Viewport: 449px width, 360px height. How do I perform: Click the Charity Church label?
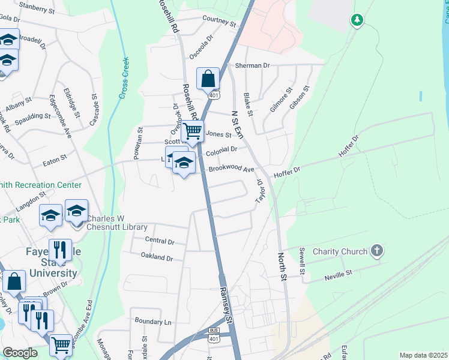click(339, 251)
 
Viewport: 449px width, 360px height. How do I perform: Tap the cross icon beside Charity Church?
click(376, 250)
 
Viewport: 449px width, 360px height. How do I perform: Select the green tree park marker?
click(357, 21)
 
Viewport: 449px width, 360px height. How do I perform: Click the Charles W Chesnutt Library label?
click(117, 223)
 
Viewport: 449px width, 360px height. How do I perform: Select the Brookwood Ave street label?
click(231, 169)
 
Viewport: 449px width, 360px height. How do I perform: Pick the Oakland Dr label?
click(157, 258)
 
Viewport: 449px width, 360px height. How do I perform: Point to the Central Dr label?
click(160, 241)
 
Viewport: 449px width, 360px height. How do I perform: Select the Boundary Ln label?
click(153, 322)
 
